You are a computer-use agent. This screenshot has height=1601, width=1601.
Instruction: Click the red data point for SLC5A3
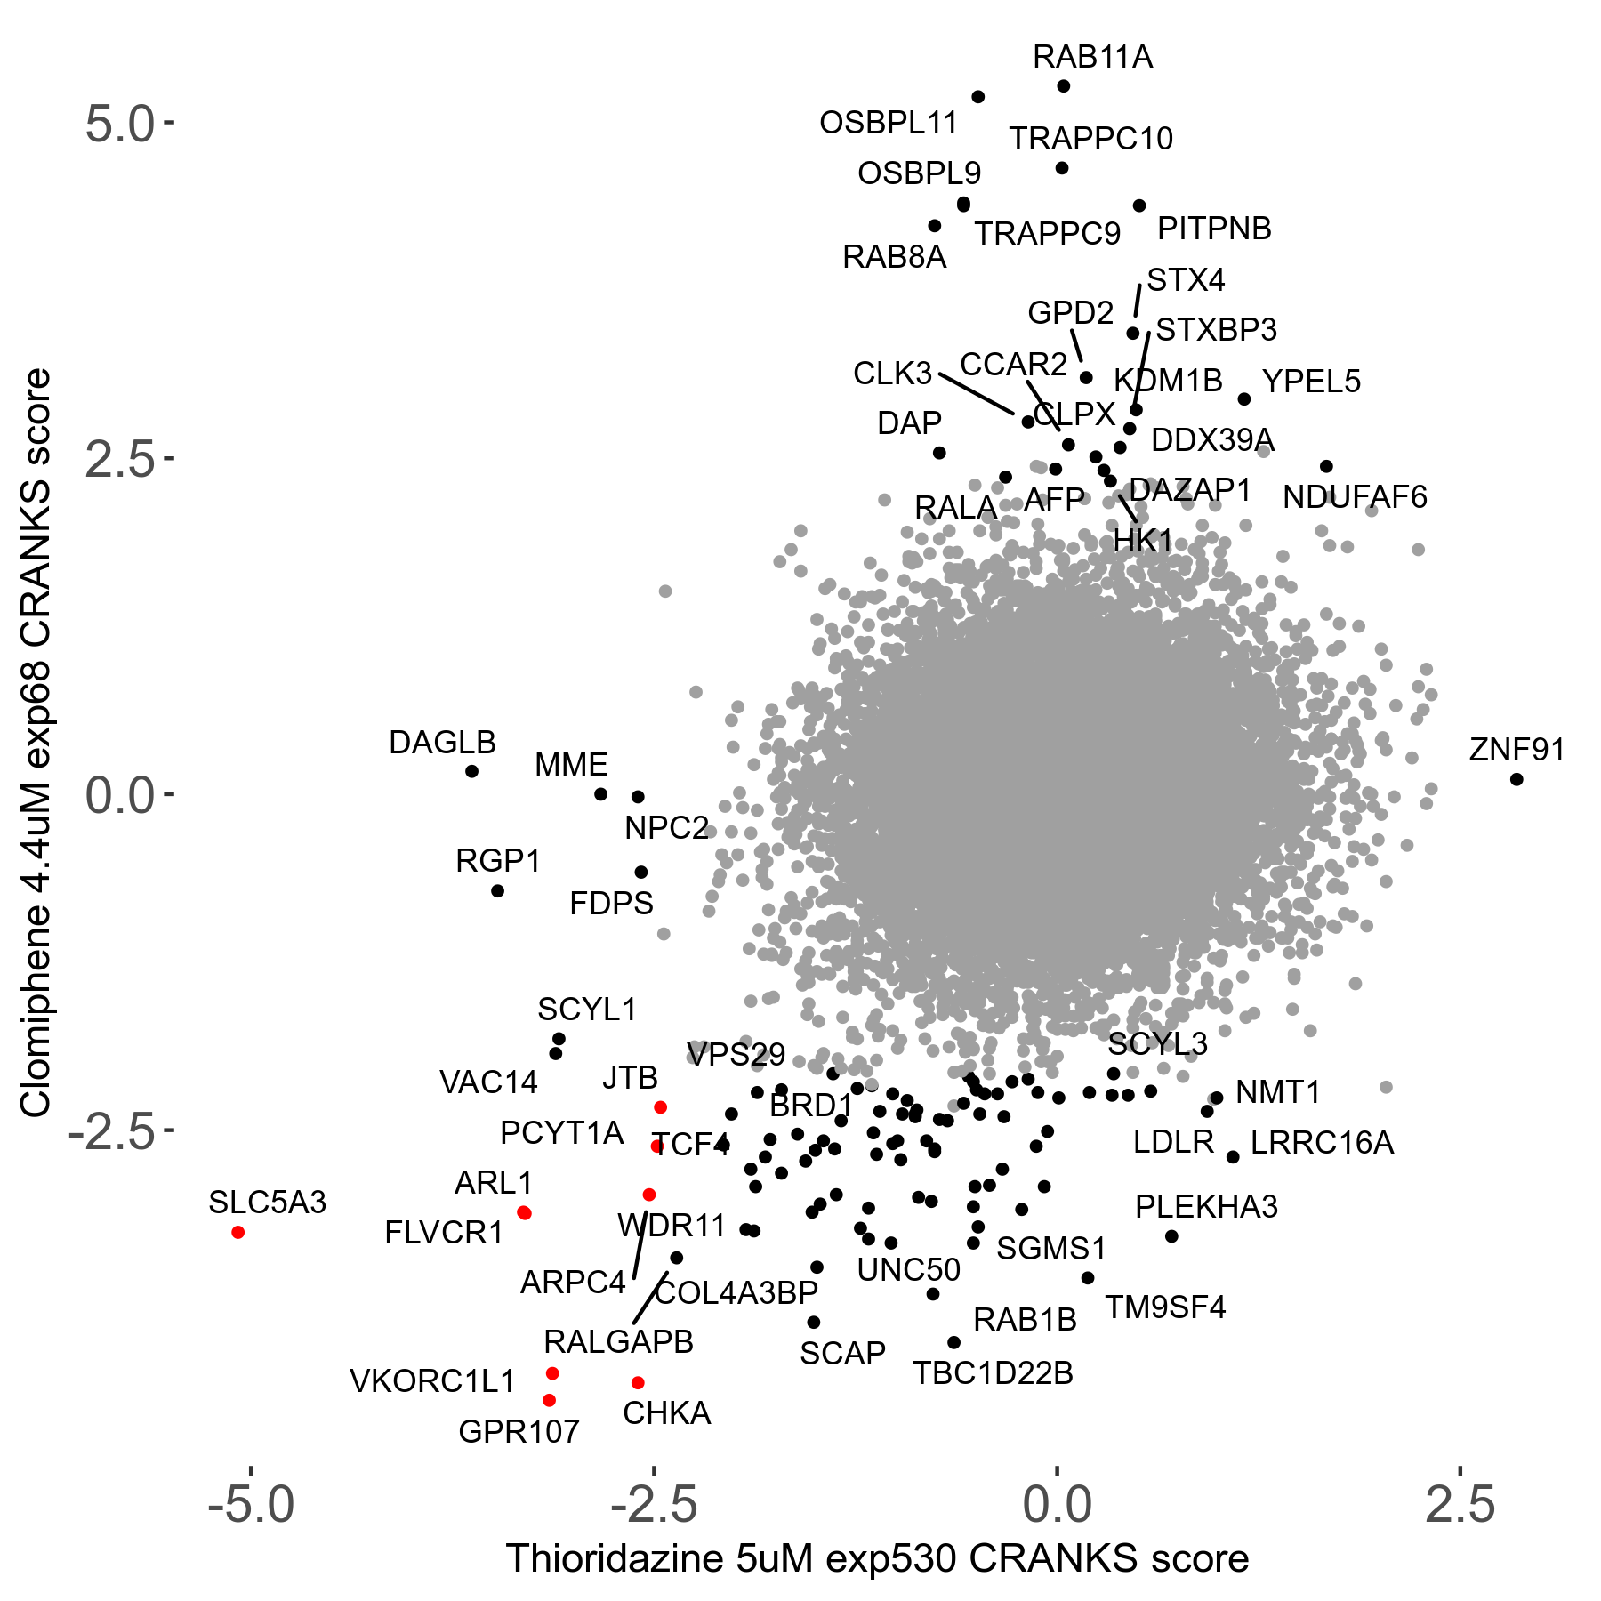pyautogui.click(x=237, y=1232)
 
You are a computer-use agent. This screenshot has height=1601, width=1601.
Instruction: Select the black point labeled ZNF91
pyautogui.click(x=1517, y=779)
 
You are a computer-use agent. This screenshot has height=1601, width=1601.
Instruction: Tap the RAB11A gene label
pyautogui.click(x=1092, y=57)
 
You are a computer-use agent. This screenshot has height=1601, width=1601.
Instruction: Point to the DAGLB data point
pyautogui.click(x=472, y=771)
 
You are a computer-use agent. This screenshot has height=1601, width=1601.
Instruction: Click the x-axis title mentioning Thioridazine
pyautogui.click(x=877, y=1558)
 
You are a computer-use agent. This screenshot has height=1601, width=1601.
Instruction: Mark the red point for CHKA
pyautogui.click(x=638, y=1382)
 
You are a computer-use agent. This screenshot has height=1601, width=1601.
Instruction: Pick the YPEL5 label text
pyautogui.click(x=1311, y=382)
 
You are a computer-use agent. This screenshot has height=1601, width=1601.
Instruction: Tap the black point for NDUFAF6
pyautogui.click(x=1326, y=466)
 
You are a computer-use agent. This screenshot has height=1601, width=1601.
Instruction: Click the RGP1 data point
pyautogui.click(x=498, y=890)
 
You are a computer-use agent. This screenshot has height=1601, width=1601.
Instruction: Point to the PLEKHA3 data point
pyautogui.click(x=1171, y=1236)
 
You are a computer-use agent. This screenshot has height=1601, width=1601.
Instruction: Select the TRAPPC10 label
pyautogui.click(x=1090, y=139)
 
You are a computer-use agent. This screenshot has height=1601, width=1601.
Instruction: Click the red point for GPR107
pyautogui.click(x=549, y=1400)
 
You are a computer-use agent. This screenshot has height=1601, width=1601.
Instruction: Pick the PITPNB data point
pyautogui.click(x=1139, y=205)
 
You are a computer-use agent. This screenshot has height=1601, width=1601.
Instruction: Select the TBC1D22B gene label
pyautogui.click(x=993, y=1373)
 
